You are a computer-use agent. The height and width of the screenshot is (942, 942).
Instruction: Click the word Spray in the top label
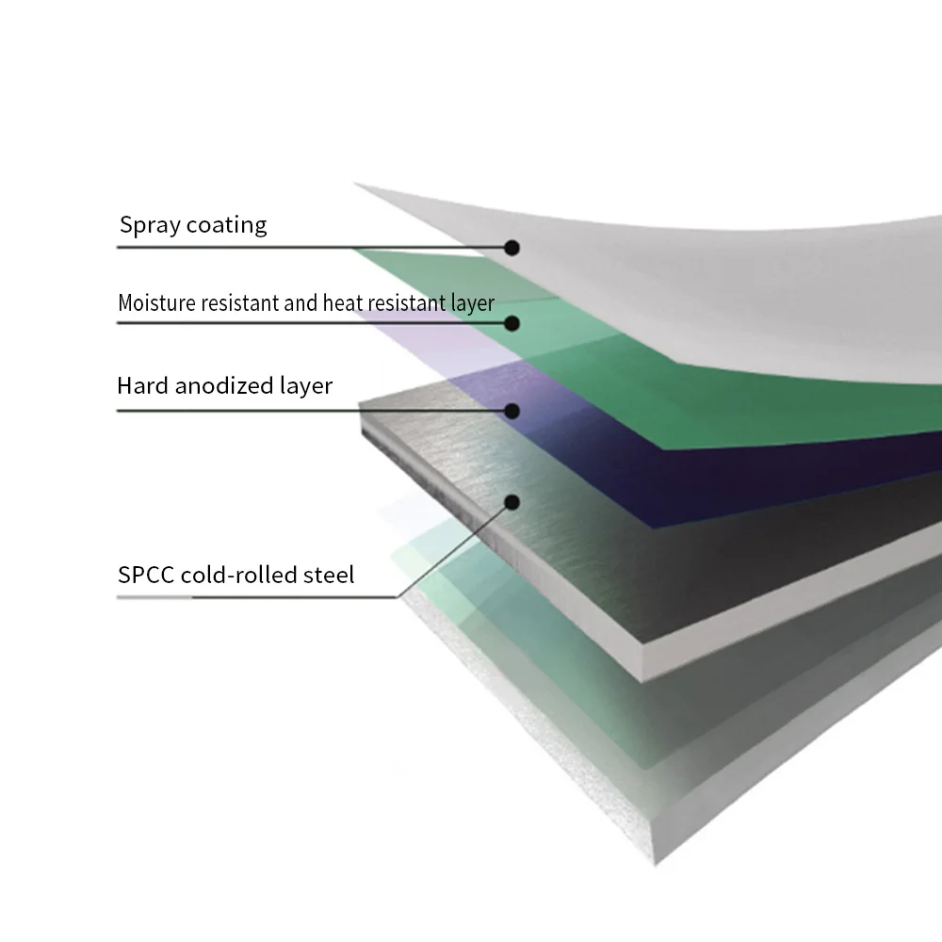(148, 226)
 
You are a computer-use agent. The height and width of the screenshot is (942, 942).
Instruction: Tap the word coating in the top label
(226, 226)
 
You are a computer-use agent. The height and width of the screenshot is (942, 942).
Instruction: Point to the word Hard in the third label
(141, 385)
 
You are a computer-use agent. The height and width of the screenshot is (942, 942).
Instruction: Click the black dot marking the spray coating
(512, 248)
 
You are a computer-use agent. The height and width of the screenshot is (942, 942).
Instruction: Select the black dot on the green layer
(512, 323)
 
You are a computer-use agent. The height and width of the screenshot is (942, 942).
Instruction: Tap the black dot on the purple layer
(512, 411)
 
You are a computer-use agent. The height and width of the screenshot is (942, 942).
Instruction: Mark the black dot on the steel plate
(512, 502)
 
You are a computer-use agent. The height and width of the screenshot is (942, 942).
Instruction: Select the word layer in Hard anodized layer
(306, 385)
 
